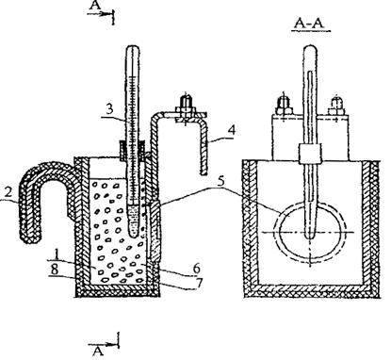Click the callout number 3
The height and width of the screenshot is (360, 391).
109,109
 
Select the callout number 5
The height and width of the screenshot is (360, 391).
221,182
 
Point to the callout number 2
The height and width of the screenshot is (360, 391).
8,192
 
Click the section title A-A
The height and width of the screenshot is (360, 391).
310,25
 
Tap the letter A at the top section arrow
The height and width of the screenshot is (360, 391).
94,6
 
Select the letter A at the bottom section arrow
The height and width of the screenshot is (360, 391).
98,351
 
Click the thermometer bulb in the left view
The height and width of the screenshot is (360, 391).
134,221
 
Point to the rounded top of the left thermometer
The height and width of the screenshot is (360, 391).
132,50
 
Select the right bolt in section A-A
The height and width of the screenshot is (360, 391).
336,106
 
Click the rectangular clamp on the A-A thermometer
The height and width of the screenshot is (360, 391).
310,154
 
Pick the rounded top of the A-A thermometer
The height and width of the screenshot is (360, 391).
310,51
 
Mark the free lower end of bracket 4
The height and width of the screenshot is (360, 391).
204,171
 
